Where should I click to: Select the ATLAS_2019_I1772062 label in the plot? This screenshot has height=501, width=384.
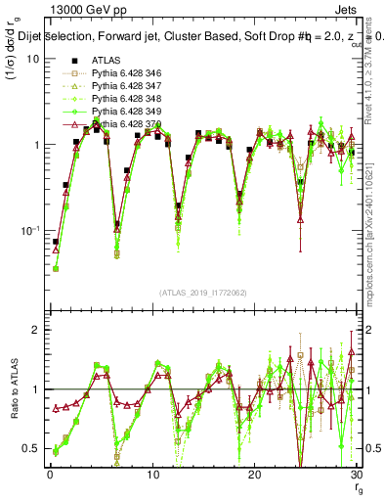202,292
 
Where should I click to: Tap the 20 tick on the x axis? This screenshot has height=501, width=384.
254,475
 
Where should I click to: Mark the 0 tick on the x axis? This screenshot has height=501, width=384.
50,475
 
